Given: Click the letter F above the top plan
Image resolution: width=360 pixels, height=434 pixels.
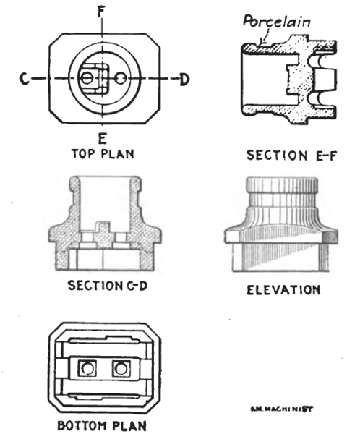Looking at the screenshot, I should (x=105, y=10).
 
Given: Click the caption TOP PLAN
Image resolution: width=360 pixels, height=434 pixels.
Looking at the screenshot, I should (x=105, y=153).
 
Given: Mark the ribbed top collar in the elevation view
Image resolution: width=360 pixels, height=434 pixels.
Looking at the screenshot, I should (x=282, y=198).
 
